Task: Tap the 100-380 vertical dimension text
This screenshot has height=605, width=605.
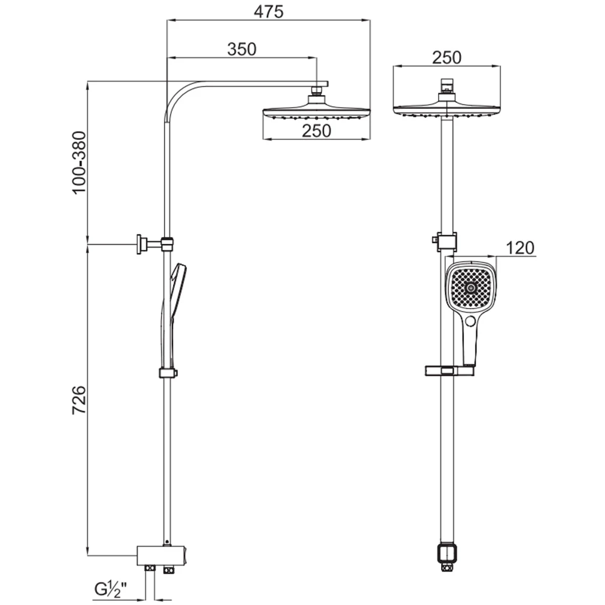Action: click(x=79, y=163)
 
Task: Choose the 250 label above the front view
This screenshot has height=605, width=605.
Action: click(x=446, y=57)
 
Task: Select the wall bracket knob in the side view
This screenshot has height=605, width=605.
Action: click(x=141, y=244)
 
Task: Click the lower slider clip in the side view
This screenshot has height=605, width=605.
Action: click(x=169, y=373)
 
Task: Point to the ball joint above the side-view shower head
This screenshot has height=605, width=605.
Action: click(x=316, y=94)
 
